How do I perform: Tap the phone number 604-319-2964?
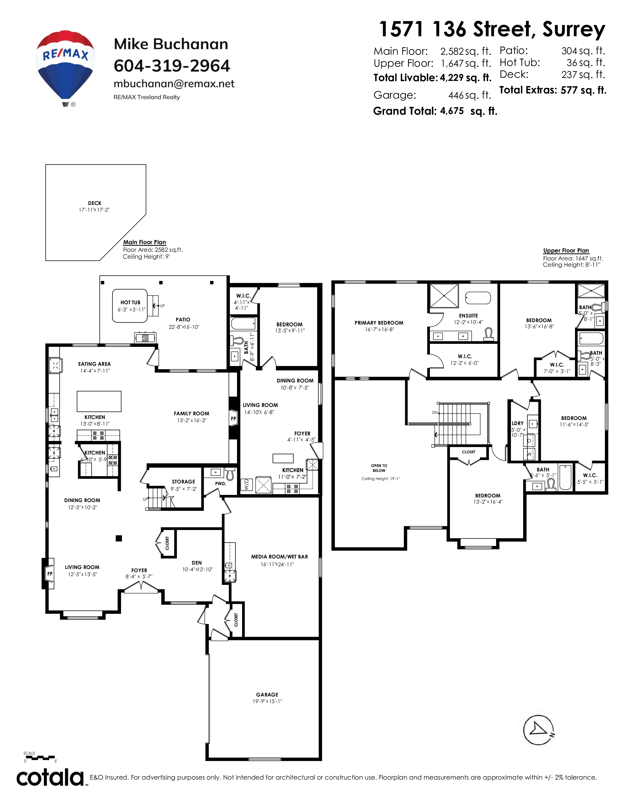[172, 66]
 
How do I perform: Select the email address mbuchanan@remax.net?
[174, 84]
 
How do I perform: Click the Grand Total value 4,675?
[452, 111]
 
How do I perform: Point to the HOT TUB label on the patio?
[130, 302]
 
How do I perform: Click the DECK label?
[95, 203]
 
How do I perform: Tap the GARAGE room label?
[267, 695]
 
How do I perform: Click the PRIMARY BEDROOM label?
[379, 323]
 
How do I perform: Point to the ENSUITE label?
[468, 316]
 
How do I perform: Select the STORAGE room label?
[183, 481]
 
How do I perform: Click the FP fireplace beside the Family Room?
[233, 418]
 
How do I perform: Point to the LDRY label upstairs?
[518, 423]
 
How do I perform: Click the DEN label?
[197, 563]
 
